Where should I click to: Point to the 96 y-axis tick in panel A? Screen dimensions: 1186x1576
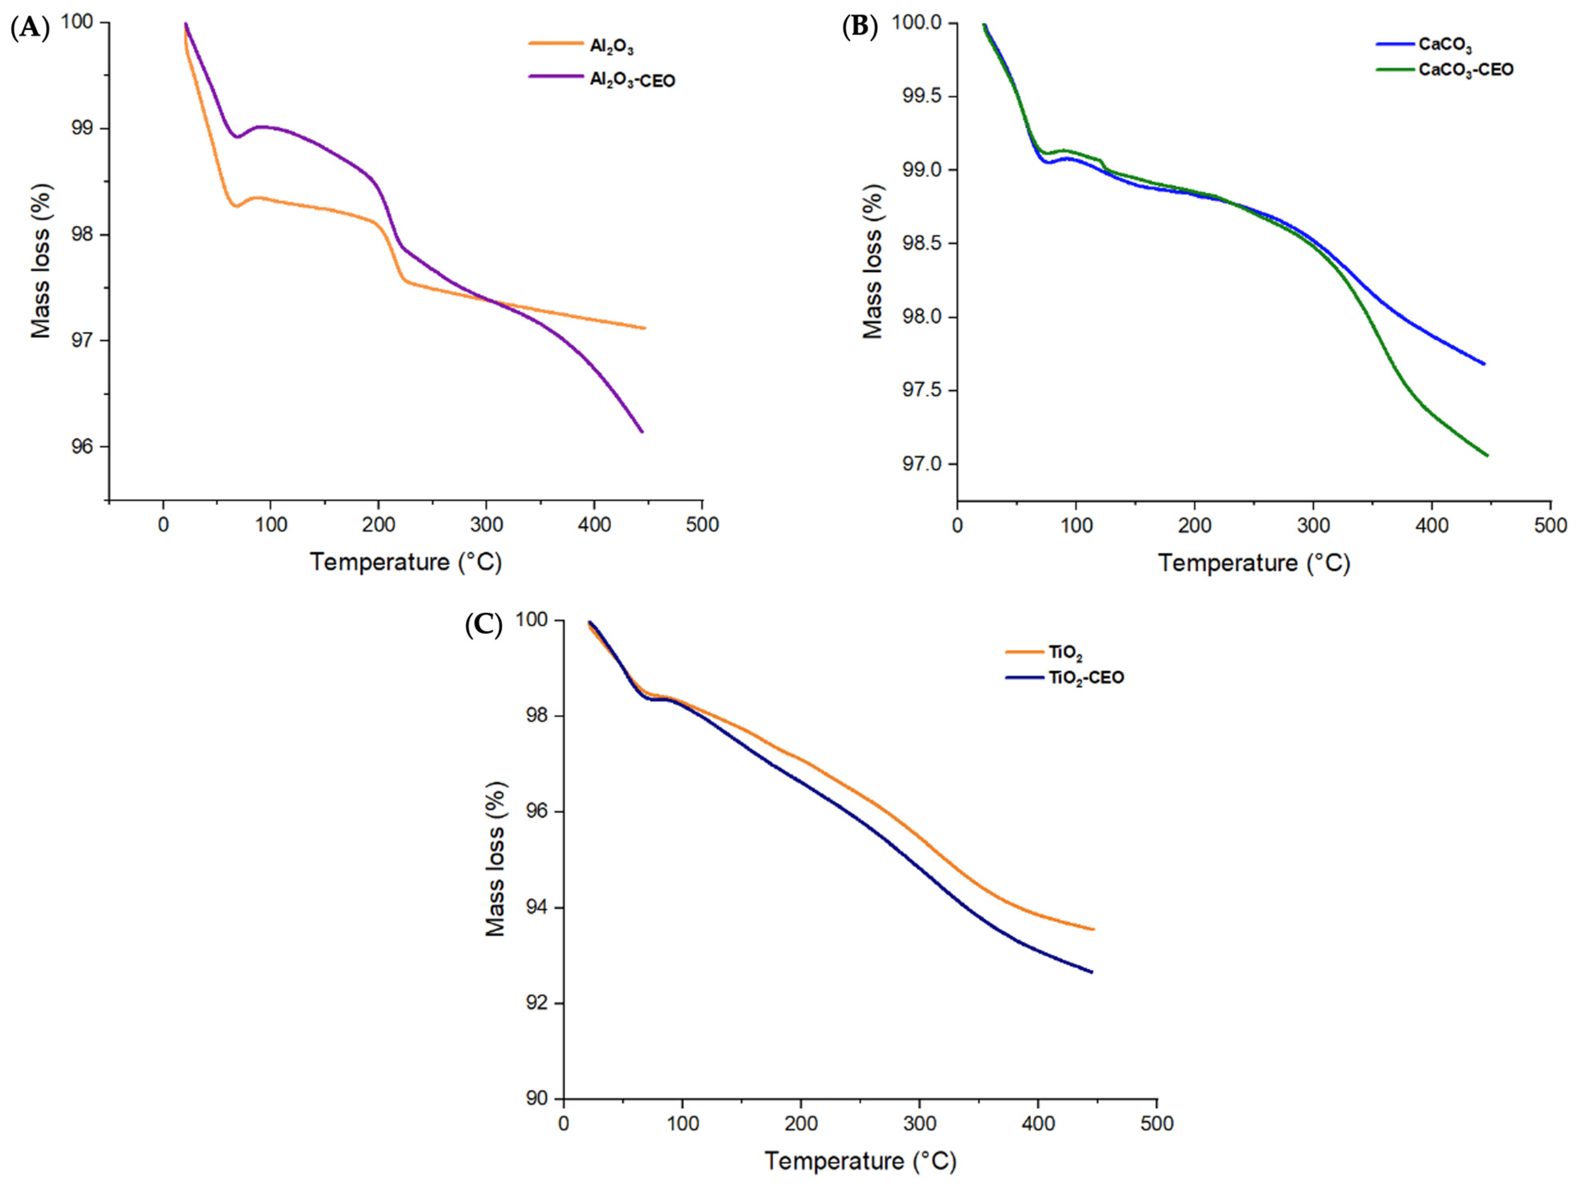[82, 446]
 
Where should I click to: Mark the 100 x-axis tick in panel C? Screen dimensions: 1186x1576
[683, 1124]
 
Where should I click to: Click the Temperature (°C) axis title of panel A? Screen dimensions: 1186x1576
[405, 562]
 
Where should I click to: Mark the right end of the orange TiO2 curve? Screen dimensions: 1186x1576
[1093, 929]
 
